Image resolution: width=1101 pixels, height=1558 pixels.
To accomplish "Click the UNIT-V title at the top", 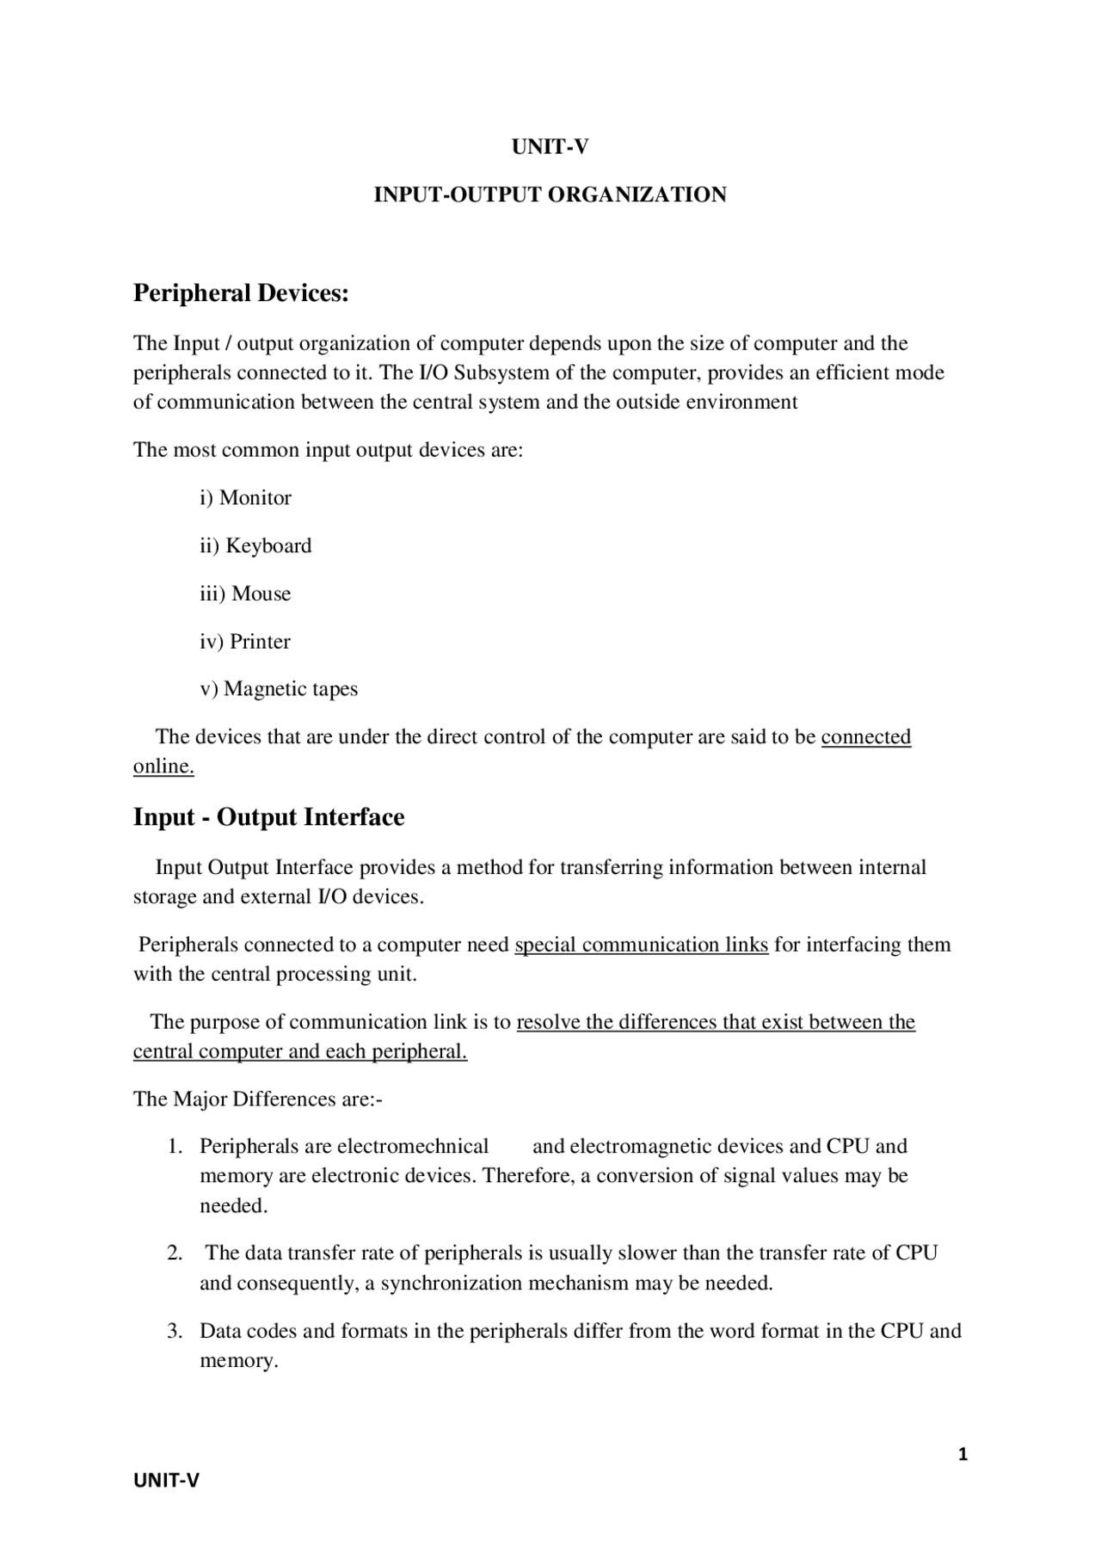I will (x=550, y=147).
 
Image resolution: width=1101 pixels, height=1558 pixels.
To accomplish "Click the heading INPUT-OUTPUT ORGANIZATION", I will (x=550, y=194).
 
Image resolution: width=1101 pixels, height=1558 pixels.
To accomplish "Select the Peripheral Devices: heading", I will (x=241, y=293).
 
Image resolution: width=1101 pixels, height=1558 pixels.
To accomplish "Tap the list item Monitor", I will (x=255, y=498).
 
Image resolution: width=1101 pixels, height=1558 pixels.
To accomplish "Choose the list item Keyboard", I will (x=268, y=545).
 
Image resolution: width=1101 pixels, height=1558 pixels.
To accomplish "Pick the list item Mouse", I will (x=261, y=594).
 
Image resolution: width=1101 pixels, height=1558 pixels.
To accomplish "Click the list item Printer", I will (x=260, y=642).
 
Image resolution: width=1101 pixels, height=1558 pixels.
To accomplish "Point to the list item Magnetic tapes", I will (x=290, y=689).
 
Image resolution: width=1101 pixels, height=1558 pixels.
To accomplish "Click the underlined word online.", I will (x=163, y=767).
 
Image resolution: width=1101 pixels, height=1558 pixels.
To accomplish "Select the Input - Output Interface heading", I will (x=268, y=817).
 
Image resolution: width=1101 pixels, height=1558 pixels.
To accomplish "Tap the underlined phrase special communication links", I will (x=641, y=945).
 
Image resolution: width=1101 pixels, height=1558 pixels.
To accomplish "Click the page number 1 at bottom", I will (x=963, y=1454).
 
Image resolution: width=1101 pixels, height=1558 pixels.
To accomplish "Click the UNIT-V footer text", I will (x=166, y=1480).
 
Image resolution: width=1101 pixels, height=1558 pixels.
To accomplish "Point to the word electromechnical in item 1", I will (x=413, y=1147).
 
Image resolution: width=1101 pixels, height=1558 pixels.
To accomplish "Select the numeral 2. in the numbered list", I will (x=175, y=1253).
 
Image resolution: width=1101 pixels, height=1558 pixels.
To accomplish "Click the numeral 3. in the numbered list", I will (x=175, y=1332).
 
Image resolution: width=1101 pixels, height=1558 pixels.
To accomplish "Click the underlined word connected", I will (x=865, y=737).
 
